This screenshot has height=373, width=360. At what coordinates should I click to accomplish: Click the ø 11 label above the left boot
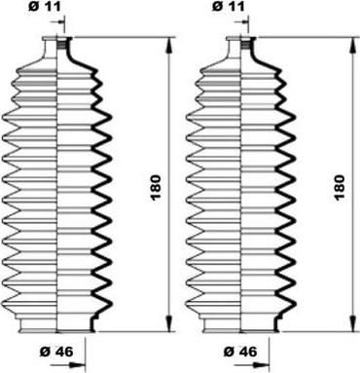click(x=45, y=7)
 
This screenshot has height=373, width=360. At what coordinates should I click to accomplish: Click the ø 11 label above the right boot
click(x=229, y=7)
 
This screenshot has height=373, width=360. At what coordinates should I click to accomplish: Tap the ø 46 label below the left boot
click(x=56, y=352)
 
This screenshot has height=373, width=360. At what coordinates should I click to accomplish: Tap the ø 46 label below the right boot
click(x=240, y=352)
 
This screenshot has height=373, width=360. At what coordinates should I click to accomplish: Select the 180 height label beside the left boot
click(x=156, y=187)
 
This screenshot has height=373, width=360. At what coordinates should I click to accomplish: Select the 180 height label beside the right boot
click(x=340, y=187)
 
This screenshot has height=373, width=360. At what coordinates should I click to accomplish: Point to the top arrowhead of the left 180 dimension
click(x=169, y=45)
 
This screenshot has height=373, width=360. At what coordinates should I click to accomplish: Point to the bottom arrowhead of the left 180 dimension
click(x=169, y=324)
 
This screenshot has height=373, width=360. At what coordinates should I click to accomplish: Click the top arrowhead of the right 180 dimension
click(x=353, y=45)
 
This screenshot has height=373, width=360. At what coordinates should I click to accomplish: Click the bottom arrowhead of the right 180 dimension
click(x=353, y=324)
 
